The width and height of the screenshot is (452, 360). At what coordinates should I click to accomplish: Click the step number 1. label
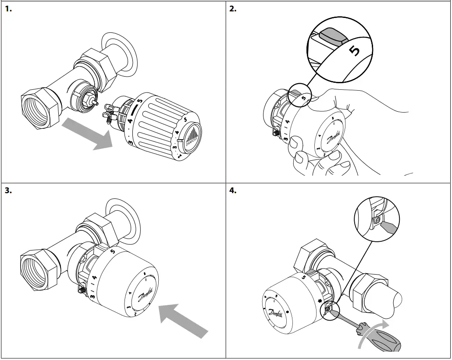pyautogui.click(x=9, y=8)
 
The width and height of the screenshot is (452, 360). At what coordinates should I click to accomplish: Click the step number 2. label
pyautogui.click(x=233, y=8)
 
